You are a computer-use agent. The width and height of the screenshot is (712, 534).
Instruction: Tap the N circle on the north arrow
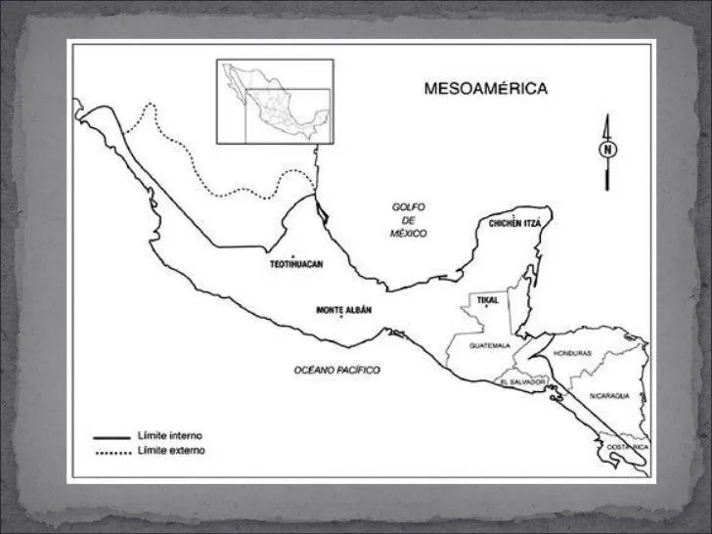coord(607,150)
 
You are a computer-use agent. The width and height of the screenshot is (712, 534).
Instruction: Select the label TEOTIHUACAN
coord(296,264)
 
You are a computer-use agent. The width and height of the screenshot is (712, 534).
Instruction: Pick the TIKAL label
coord(487,298)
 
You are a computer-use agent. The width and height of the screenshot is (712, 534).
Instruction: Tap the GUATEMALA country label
coord(490,346)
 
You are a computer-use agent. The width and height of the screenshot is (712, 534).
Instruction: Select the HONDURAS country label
coord(572,352)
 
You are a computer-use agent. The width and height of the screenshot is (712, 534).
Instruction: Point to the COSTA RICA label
coord(627,447)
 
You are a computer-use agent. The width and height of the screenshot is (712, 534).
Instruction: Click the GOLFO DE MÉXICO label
coord(404,220)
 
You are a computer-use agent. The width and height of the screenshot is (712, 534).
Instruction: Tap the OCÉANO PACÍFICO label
coord(336,370)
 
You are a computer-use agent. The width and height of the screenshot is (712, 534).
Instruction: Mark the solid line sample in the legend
coord(112,436)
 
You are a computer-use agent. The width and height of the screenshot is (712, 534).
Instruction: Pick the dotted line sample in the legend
coord(112,451)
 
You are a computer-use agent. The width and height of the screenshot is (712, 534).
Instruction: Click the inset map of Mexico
coord(274,101)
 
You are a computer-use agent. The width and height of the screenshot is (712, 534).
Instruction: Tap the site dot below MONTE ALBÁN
coord(340,319)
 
